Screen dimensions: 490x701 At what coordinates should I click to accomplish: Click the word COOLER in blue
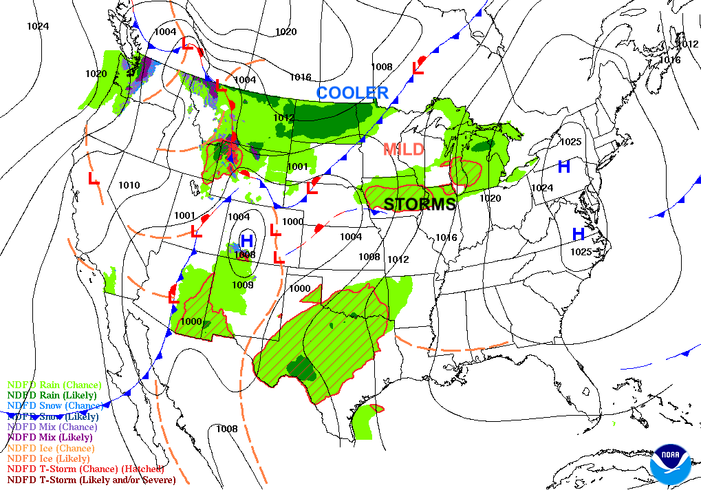click(352, 92)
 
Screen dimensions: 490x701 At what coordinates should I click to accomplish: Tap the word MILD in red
click(403, 149)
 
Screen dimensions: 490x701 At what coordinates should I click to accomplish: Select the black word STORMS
click(420, 204)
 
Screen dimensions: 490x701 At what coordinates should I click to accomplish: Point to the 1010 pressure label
click(129, 185)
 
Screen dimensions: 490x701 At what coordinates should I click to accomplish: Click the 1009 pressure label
click(243, 284)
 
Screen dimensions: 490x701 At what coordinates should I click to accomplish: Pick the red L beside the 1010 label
click(94, 178)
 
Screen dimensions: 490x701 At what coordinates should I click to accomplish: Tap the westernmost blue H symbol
click(247, 241)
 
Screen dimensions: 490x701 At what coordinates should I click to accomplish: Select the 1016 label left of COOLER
click(300, 77)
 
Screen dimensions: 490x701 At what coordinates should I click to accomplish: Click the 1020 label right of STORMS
click(490, 198)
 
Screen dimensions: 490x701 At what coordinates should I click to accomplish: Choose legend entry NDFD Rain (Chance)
click(54, 385)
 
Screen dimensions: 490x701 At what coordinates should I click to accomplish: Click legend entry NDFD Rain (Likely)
click(53, 395)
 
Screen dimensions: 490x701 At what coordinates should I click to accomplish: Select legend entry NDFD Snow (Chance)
click(55, 406)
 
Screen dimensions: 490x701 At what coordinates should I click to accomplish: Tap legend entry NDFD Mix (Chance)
click(52, 427)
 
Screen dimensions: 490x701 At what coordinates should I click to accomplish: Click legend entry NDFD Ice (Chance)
click(51, 448)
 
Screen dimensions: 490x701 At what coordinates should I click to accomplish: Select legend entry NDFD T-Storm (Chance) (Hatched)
click(85, 469)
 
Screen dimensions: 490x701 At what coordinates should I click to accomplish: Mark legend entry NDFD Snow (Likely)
click(53, 416)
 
